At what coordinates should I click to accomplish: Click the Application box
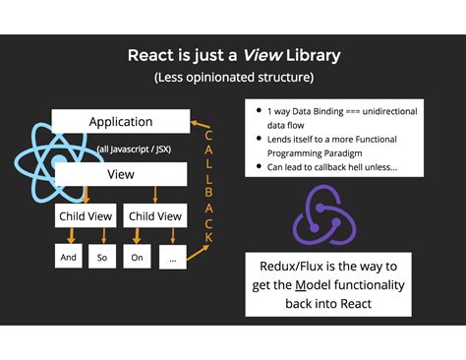(121, 121)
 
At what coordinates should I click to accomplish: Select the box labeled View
(121, 174)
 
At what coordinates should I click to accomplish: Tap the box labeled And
(69, 256)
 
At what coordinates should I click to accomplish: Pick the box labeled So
(102, 257)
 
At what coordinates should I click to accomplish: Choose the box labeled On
(137, 257)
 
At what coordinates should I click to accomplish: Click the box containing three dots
(173, 257)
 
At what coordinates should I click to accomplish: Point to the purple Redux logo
(324, 215)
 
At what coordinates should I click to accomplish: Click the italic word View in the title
(262, 55)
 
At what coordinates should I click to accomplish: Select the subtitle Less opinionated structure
(234, 78)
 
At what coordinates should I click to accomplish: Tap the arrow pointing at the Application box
(200, 124)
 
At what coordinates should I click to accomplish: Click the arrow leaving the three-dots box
(198, 253)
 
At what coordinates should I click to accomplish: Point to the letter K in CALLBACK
(208, 238)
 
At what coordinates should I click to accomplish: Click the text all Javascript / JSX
(134, 150)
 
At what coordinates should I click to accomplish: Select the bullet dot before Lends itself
(259, 139)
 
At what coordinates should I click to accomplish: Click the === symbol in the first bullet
(353, 111)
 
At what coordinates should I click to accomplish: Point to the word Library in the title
(314, 55)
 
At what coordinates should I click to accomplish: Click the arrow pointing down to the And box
(71, 236)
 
